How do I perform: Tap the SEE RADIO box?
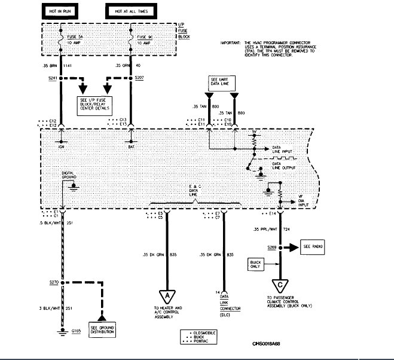click(x=314, y=246)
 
